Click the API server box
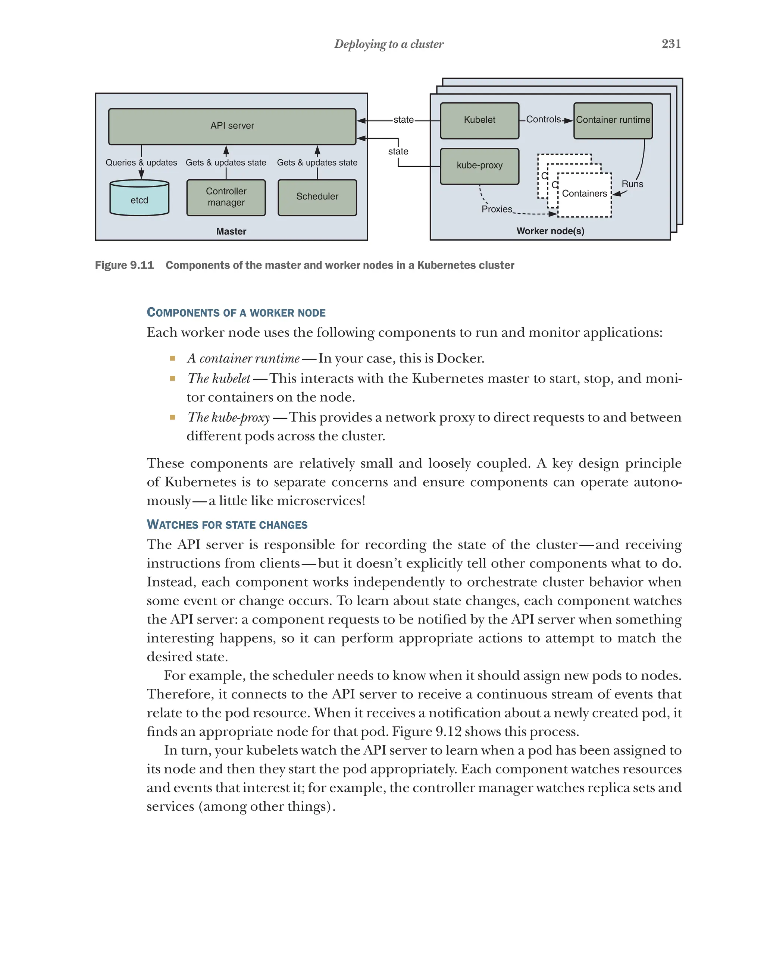pyautogui.click(x=232, y=126)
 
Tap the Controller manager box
pyautogui.click(x=226, y=197)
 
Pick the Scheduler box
pyautogui.click(x=317, y=197)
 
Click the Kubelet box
pyautogui.click(x=479, y=120)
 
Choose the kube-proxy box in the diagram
pyautogui.click(x=479, y=166)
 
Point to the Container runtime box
pyautogui.click(x=613, y=120)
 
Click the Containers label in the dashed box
pyautogui.click(x=584, y=194)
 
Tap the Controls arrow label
pyautogui.click(x=543, y=120)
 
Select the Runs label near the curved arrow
pyautogui.click(x=632, y=184)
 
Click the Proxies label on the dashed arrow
pyautogui.click(x=497, y=209)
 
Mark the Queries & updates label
pyautogui.click(x=141, y=163)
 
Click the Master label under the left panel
pyautogui.click(x=231, y=232)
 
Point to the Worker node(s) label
pyautogui.click(x=550, y=231)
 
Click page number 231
pyautogui.click(x=671, y=44)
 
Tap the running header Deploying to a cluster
pyautogui.click(x=388, y=44)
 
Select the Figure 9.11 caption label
pyautogui.click(x=125, y=265)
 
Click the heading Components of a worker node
pyautogui.click(x=236, y=313)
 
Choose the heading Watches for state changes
pyautogui.click(x=227, y=525)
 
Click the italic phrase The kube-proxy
pyautogui.click(x=228, y=417)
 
